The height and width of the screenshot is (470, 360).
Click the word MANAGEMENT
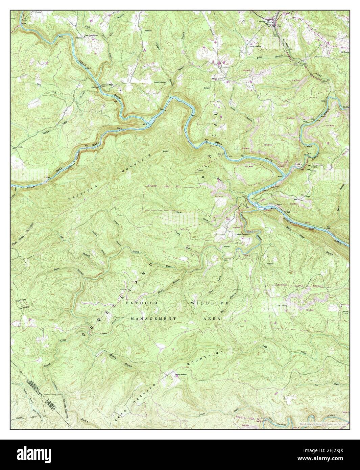pos(153,319)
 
